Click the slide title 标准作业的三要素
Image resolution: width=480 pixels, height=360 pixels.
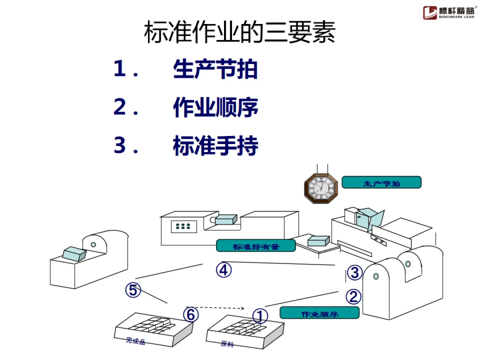(240, 33)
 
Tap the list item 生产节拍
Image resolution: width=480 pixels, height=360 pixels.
(215, 70)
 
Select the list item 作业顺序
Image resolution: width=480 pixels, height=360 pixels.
(215, 108)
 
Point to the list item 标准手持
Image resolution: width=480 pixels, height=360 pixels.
(215, 146)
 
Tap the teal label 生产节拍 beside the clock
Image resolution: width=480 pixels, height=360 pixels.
(381, 183)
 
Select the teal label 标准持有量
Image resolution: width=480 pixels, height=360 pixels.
(256, 246)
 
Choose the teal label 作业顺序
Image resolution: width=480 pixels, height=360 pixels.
(319, 313)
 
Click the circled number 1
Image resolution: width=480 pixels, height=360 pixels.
(260, 316)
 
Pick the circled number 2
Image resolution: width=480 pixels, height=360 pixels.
(353, 296)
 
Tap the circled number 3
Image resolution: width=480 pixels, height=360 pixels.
(354, 272)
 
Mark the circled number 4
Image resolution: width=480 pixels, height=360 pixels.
(224, 270)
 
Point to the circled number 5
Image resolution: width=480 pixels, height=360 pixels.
(132, 290)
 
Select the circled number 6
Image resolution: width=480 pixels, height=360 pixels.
(191, 315)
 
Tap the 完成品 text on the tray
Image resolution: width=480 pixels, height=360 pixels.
(136, 341)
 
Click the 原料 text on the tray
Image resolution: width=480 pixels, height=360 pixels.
(227, 344)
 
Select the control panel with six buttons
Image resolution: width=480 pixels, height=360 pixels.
(183, 227)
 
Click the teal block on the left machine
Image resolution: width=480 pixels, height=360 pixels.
(74, 254)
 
